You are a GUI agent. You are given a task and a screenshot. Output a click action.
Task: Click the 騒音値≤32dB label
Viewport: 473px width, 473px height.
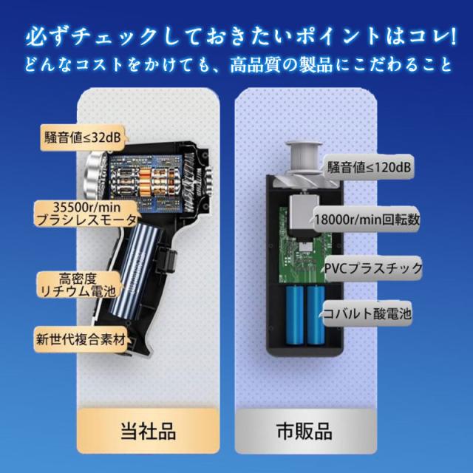point(83,138)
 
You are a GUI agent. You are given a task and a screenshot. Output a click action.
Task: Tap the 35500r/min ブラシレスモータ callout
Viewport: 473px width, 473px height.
point(86,214)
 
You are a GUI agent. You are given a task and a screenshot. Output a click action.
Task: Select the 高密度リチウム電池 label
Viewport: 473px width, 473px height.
point(78,285)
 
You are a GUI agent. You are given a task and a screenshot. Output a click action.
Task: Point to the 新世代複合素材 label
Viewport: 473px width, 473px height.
point(81,339)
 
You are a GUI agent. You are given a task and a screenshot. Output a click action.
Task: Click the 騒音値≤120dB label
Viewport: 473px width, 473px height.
point(369,167)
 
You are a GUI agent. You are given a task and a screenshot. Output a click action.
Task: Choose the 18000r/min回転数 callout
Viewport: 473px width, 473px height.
point(367,219)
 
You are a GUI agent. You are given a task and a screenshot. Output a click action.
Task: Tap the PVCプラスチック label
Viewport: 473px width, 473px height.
point(373,268)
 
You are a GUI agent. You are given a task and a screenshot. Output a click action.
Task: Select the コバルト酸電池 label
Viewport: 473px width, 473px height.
point(367,313)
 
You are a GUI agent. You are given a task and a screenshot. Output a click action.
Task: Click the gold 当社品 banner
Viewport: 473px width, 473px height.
point(148,431)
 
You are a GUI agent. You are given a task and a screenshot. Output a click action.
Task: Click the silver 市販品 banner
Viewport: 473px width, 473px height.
point(305,431)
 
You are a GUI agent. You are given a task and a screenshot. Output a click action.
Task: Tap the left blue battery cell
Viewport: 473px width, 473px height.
point(295,315)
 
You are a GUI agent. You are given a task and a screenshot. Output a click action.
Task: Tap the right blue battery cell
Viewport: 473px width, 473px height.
point(316,315)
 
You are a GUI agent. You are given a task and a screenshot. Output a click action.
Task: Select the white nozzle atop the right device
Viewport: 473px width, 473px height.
point(304,157)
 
